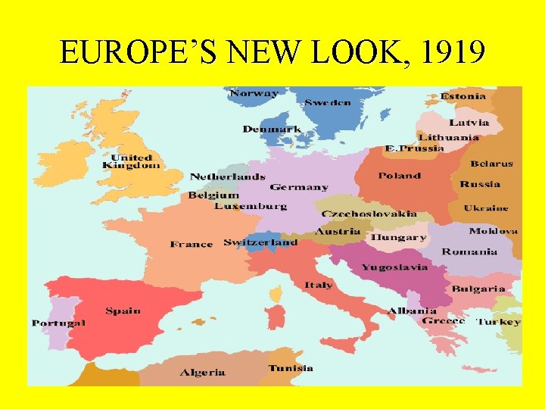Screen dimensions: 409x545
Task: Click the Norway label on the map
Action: (x=254, y=94)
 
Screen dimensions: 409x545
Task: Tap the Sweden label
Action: (x=328, y=102)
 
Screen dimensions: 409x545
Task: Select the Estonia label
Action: (x=464, y=96)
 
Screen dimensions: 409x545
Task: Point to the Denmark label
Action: (x=272, y=130)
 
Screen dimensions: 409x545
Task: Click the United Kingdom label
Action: (x=132, y=161)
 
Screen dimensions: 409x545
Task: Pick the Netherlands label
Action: (x=227, y=176)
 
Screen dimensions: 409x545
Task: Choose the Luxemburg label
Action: (x=251, y=206)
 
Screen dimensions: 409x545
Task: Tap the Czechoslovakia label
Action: (x=369, y=214)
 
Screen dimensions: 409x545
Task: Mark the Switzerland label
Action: (x=260, y=242)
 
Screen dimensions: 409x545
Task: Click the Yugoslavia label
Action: (x=394, y=267)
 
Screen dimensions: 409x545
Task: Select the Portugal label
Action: (x=58, y=323)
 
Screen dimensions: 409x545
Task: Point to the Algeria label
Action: (x=203, y=372)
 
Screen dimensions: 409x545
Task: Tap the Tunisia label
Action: (x=291, y=368)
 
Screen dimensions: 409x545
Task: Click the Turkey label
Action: (x=498, y=321)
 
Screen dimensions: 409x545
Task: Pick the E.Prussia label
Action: (x=414, y=148)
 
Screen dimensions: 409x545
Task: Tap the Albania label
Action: (x=412, y=311)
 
